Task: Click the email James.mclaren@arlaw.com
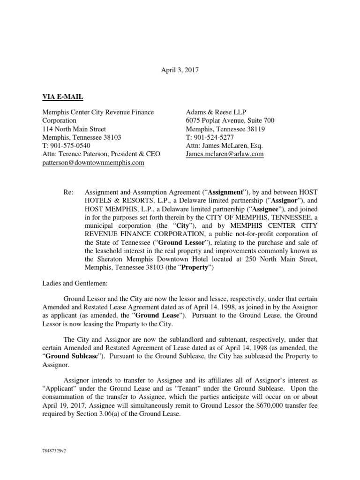click(x=225, y=154)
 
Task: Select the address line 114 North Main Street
click(x=74, y=129)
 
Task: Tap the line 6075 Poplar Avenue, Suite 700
click(x=230, y=120)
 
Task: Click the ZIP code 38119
click(x=258, y=129)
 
